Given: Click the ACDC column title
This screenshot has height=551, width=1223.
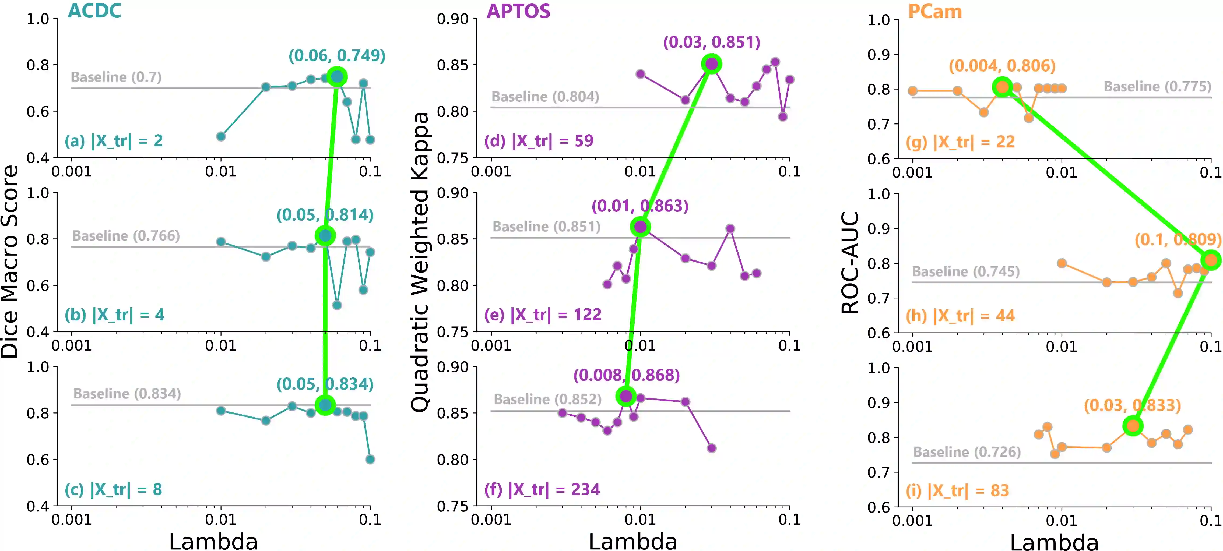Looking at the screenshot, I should tap(94, 10).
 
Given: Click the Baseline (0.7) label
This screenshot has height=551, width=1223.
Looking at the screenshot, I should tap(116, 77).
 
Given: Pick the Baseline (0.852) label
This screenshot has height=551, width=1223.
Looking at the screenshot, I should tap(547, 399).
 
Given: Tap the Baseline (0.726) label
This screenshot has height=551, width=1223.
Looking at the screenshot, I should tap(967, 452).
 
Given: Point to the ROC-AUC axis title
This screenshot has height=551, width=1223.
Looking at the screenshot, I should tap(850, 262).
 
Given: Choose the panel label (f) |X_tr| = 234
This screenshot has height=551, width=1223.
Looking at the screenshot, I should tap(542, 489).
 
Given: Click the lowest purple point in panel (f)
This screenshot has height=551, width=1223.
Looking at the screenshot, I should tap(711, 448).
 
